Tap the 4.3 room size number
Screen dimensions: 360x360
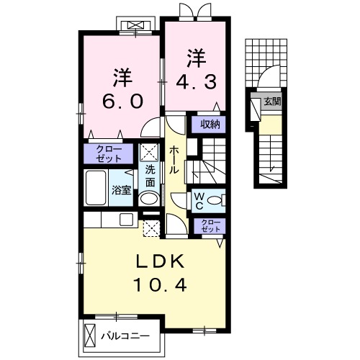[x=196, y=81]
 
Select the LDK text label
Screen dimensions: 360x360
[x=160, y=261]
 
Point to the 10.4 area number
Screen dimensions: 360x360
[x=160, y=286]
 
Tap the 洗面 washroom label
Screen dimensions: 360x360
[x=150, y=175]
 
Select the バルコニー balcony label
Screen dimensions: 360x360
[x=124, y=336]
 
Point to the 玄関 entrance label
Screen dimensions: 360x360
[x=271, y=102]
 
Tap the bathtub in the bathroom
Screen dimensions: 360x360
[x=96, y=189]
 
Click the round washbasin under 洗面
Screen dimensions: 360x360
[x=149, y=198]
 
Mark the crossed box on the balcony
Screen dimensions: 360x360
[x=90, y=336]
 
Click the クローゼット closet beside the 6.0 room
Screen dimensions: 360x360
[x=109, y=153]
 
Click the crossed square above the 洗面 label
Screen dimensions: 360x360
[x=149, y=152]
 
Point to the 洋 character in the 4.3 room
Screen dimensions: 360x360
[x=196, y=55]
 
